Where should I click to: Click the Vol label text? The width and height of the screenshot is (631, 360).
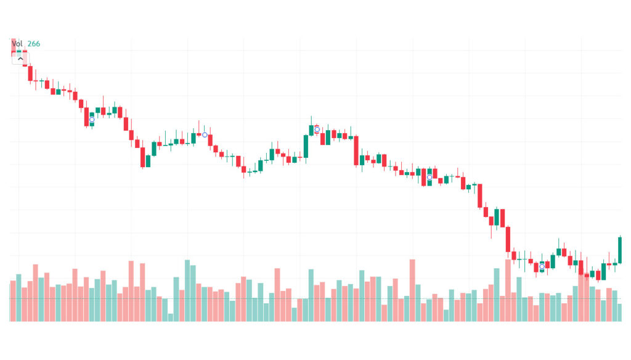pyautogui.click(x=17, y=44)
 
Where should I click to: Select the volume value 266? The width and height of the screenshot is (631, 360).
pyautogui.click(x=34, y=44)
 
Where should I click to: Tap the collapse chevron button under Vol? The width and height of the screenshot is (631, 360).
pyautogui.click(x=20, y=59)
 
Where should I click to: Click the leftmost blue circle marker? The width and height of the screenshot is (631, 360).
pyautogui.click(x=92, y=120)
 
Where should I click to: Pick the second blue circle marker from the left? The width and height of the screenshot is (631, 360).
pyautogui.click(x=205, y=134)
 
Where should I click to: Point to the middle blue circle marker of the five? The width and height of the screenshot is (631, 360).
pyautogui.click(x=317, y=129)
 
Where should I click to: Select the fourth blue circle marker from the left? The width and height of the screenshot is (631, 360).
pyautogui.click(x=429, y=178)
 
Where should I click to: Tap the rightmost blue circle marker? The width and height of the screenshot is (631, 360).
pyautogui.click(x=542, y=267)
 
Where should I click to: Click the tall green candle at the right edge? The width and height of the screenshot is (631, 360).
pyautogui.click(x=620, y=250)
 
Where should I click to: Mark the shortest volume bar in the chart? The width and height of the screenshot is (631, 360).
pyautogui.click(x=171, y=317)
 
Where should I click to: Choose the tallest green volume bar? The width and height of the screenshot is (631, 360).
pyautogui.click(x=187, y=290)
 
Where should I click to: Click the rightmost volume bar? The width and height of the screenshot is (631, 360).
pyautogui.click(x=620, y=312)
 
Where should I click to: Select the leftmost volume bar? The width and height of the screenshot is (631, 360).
pyautogui.click(x=13, y=301)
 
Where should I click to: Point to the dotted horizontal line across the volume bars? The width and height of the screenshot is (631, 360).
pyautogui.click(x=308, y=299)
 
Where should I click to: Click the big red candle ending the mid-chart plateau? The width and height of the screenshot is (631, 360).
pyautogui.click(x=356, y=150)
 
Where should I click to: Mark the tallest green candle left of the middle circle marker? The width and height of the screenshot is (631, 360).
pyautogui.click(x=306, y=146)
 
